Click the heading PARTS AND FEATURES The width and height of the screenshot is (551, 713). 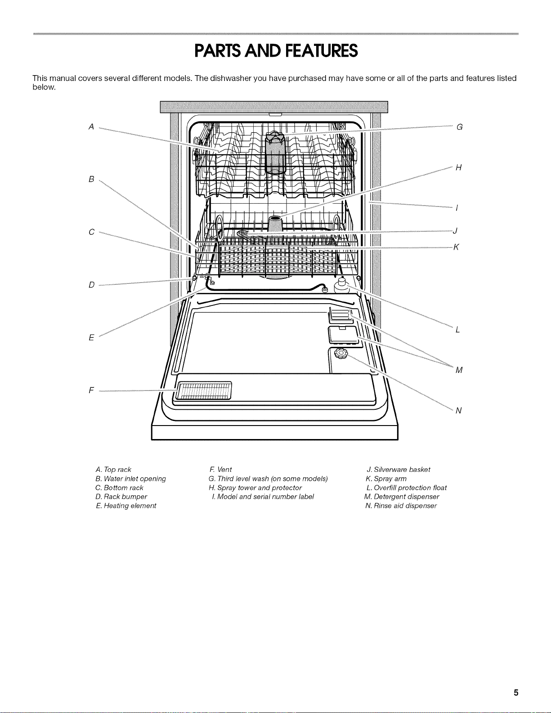[276, 51]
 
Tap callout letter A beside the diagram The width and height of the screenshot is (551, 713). [91, 126]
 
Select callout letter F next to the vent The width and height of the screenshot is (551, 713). [91, 390]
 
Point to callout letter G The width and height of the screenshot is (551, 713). [460, 127]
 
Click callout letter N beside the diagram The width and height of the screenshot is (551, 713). [459, 410]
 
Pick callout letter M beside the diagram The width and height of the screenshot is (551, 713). [459, 370]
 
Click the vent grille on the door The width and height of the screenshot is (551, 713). [204, 390]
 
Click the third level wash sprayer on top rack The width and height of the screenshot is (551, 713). [275, 152]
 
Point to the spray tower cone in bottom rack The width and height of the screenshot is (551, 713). [275, 224]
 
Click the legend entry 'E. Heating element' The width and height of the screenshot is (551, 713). [126, 506]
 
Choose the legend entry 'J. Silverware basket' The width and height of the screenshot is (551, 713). [398, 470]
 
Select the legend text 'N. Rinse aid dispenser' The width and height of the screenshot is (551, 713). [401, 506]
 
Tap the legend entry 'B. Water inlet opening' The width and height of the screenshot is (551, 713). [130, 479]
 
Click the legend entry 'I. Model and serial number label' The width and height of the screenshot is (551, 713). [263, 497]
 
